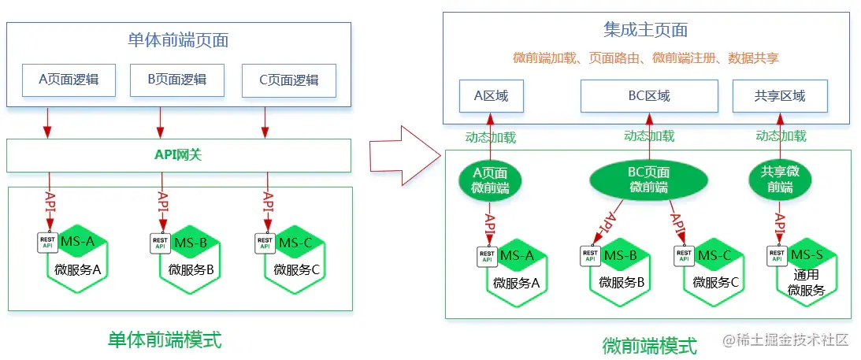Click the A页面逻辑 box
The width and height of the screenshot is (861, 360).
point(69,80)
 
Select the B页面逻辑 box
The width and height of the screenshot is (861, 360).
point(177,80)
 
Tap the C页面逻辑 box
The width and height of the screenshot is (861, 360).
point(289,81)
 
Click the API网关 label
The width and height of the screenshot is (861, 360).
point(178,155)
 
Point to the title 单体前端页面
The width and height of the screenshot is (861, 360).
point(178,41)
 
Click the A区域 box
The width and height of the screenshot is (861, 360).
point(492,96)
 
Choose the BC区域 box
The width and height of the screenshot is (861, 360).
point(649,96)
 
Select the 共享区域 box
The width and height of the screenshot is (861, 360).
point(780,96)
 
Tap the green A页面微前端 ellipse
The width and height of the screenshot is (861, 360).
point(490,180)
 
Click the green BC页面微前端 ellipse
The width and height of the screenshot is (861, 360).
point(648,180)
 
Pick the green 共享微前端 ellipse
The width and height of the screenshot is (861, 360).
point(780,180)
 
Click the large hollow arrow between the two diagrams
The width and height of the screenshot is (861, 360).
point(405,156)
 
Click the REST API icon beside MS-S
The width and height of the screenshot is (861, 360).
point(777,256)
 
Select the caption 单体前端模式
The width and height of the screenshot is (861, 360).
point(165,340)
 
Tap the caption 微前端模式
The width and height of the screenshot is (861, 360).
point(650,346)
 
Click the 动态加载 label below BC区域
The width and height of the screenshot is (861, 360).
point(649,135)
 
